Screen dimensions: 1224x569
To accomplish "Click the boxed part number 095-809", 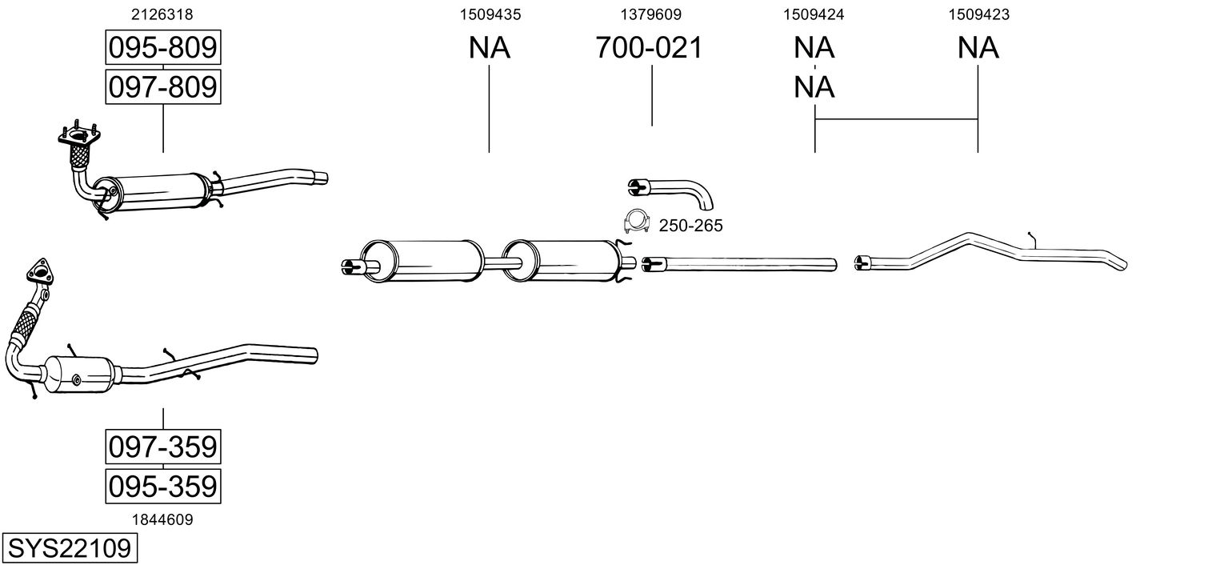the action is pos(163,47).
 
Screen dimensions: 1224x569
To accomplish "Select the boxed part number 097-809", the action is pos(163,86).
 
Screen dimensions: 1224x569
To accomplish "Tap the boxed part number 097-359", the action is pos(163,447).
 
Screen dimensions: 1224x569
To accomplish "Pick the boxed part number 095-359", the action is pos(163,486).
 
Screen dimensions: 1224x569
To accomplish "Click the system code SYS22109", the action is pos(70,547).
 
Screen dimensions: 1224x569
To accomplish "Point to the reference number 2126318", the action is pos(162,14).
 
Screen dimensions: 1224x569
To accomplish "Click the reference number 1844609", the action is pos(162,519).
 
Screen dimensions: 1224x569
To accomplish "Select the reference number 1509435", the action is pos(490,14).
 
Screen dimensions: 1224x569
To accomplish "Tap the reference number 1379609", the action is pos(650,14).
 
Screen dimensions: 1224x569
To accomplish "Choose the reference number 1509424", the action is pos(814,14).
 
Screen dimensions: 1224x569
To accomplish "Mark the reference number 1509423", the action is pos(978,14).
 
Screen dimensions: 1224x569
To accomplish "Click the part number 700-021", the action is pos(649,47).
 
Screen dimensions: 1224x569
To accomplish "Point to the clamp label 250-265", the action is pos(690,225).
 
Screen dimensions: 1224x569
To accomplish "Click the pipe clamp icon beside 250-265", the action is pos(637,222).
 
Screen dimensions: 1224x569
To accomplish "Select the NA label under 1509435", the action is pos(489,47).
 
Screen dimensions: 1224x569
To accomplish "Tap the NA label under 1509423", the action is pos(978,47).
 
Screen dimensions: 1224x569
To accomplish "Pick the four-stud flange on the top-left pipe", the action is pos(79,134).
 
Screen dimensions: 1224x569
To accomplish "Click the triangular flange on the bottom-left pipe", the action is pos(40,272).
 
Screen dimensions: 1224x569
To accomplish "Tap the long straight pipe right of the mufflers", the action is pos(739,264).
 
